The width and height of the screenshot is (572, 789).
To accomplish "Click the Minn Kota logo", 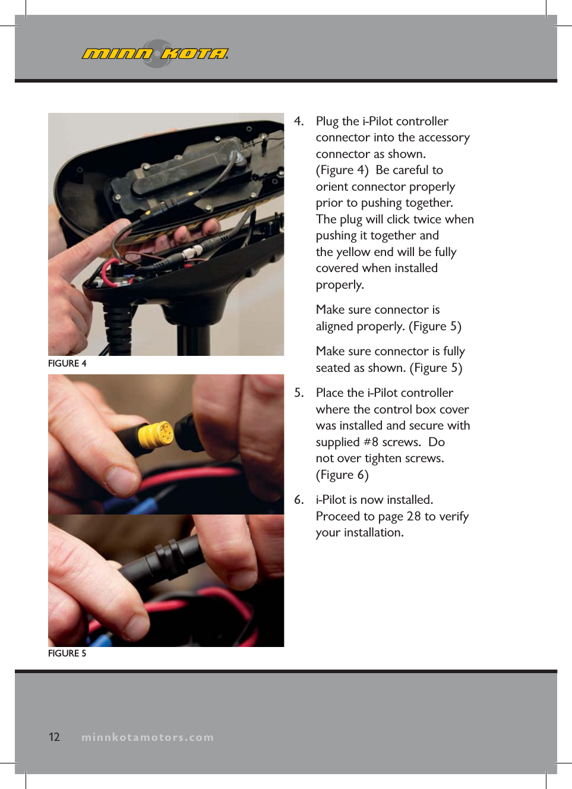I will [x=156, y=53].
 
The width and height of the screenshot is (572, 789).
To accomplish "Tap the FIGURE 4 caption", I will [x=67, y=364].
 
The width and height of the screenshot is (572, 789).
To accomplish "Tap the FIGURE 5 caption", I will [x=67, y=654].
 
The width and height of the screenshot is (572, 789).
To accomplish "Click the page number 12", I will [x=54, y=737].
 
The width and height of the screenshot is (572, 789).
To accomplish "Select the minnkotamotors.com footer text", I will [x=147, y=737].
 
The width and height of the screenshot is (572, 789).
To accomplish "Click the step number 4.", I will [x=299, y=121].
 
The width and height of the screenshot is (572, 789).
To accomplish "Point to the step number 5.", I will [x=299, y=393].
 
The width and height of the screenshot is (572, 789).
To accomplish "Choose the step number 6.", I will [x=299, y=500].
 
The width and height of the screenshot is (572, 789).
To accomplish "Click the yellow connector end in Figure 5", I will [x=157, y=434].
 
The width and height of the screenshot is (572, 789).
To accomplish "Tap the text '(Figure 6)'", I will [x=342, y=475].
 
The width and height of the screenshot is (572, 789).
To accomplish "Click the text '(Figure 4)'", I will [x=342, y=171].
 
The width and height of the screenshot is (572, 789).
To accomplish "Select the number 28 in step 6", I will [x=414, y=516].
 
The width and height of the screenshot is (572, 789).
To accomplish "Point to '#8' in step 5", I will [x=371, y=442].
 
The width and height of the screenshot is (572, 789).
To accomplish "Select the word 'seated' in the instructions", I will [x=333, y=368].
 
